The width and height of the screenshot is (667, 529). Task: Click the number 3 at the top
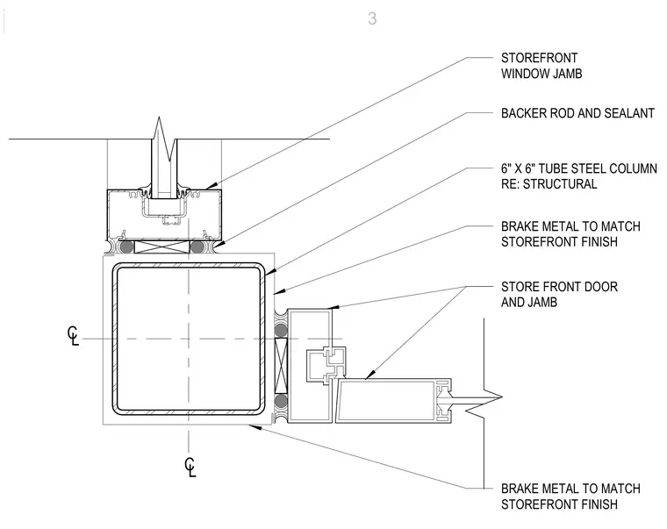click(372, 18)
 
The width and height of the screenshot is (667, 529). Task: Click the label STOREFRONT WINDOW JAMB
click(541, 66)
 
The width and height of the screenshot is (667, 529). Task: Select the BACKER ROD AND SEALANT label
click(577, 113)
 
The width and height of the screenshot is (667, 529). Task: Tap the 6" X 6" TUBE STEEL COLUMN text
click(579, 168)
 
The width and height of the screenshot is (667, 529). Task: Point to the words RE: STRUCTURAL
click(549, 184)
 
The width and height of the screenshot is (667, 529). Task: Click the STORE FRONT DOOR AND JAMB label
click(559, 294)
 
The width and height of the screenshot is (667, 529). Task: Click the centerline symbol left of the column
click(73, 336)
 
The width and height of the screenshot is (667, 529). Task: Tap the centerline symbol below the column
click(190, 467)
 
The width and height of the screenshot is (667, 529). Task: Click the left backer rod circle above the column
click(126, 247)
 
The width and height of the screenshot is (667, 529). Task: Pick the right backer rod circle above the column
click(197, 247)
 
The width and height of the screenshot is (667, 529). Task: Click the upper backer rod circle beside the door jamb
click(281, 330)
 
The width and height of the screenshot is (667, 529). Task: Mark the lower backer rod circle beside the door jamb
click(281, 401)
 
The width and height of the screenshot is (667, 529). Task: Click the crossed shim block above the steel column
click(161, 247)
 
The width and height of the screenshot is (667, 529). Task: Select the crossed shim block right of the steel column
click(281, 365)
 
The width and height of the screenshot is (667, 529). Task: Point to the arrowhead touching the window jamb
click(210, 185)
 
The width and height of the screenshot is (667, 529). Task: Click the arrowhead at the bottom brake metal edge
click(255, 426)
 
